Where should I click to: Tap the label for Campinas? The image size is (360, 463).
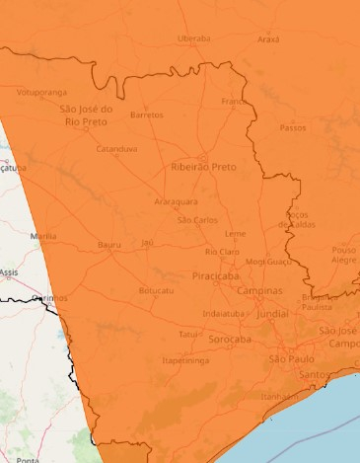(259, 291)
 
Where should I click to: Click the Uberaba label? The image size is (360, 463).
(194, 39)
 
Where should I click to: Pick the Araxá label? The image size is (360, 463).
(268, 39)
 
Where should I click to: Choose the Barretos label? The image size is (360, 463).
(146, 115)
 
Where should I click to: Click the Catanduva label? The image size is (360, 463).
(116, 149)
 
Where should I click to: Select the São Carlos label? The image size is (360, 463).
(197, 219)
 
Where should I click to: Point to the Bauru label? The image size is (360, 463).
(108, 244)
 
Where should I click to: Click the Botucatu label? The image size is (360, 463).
(156, 291)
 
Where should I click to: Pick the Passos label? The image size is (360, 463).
(293, 127)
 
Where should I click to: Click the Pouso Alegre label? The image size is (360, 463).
(344, 255)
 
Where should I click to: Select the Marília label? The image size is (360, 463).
(43, 237)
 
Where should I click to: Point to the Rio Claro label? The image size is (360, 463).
(222, 252)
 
